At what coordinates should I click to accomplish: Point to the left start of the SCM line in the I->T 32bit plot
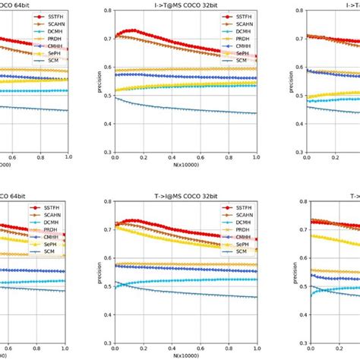[115, 98]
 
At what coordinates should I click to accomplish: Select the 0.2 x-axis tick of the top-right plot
[335, 157]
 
